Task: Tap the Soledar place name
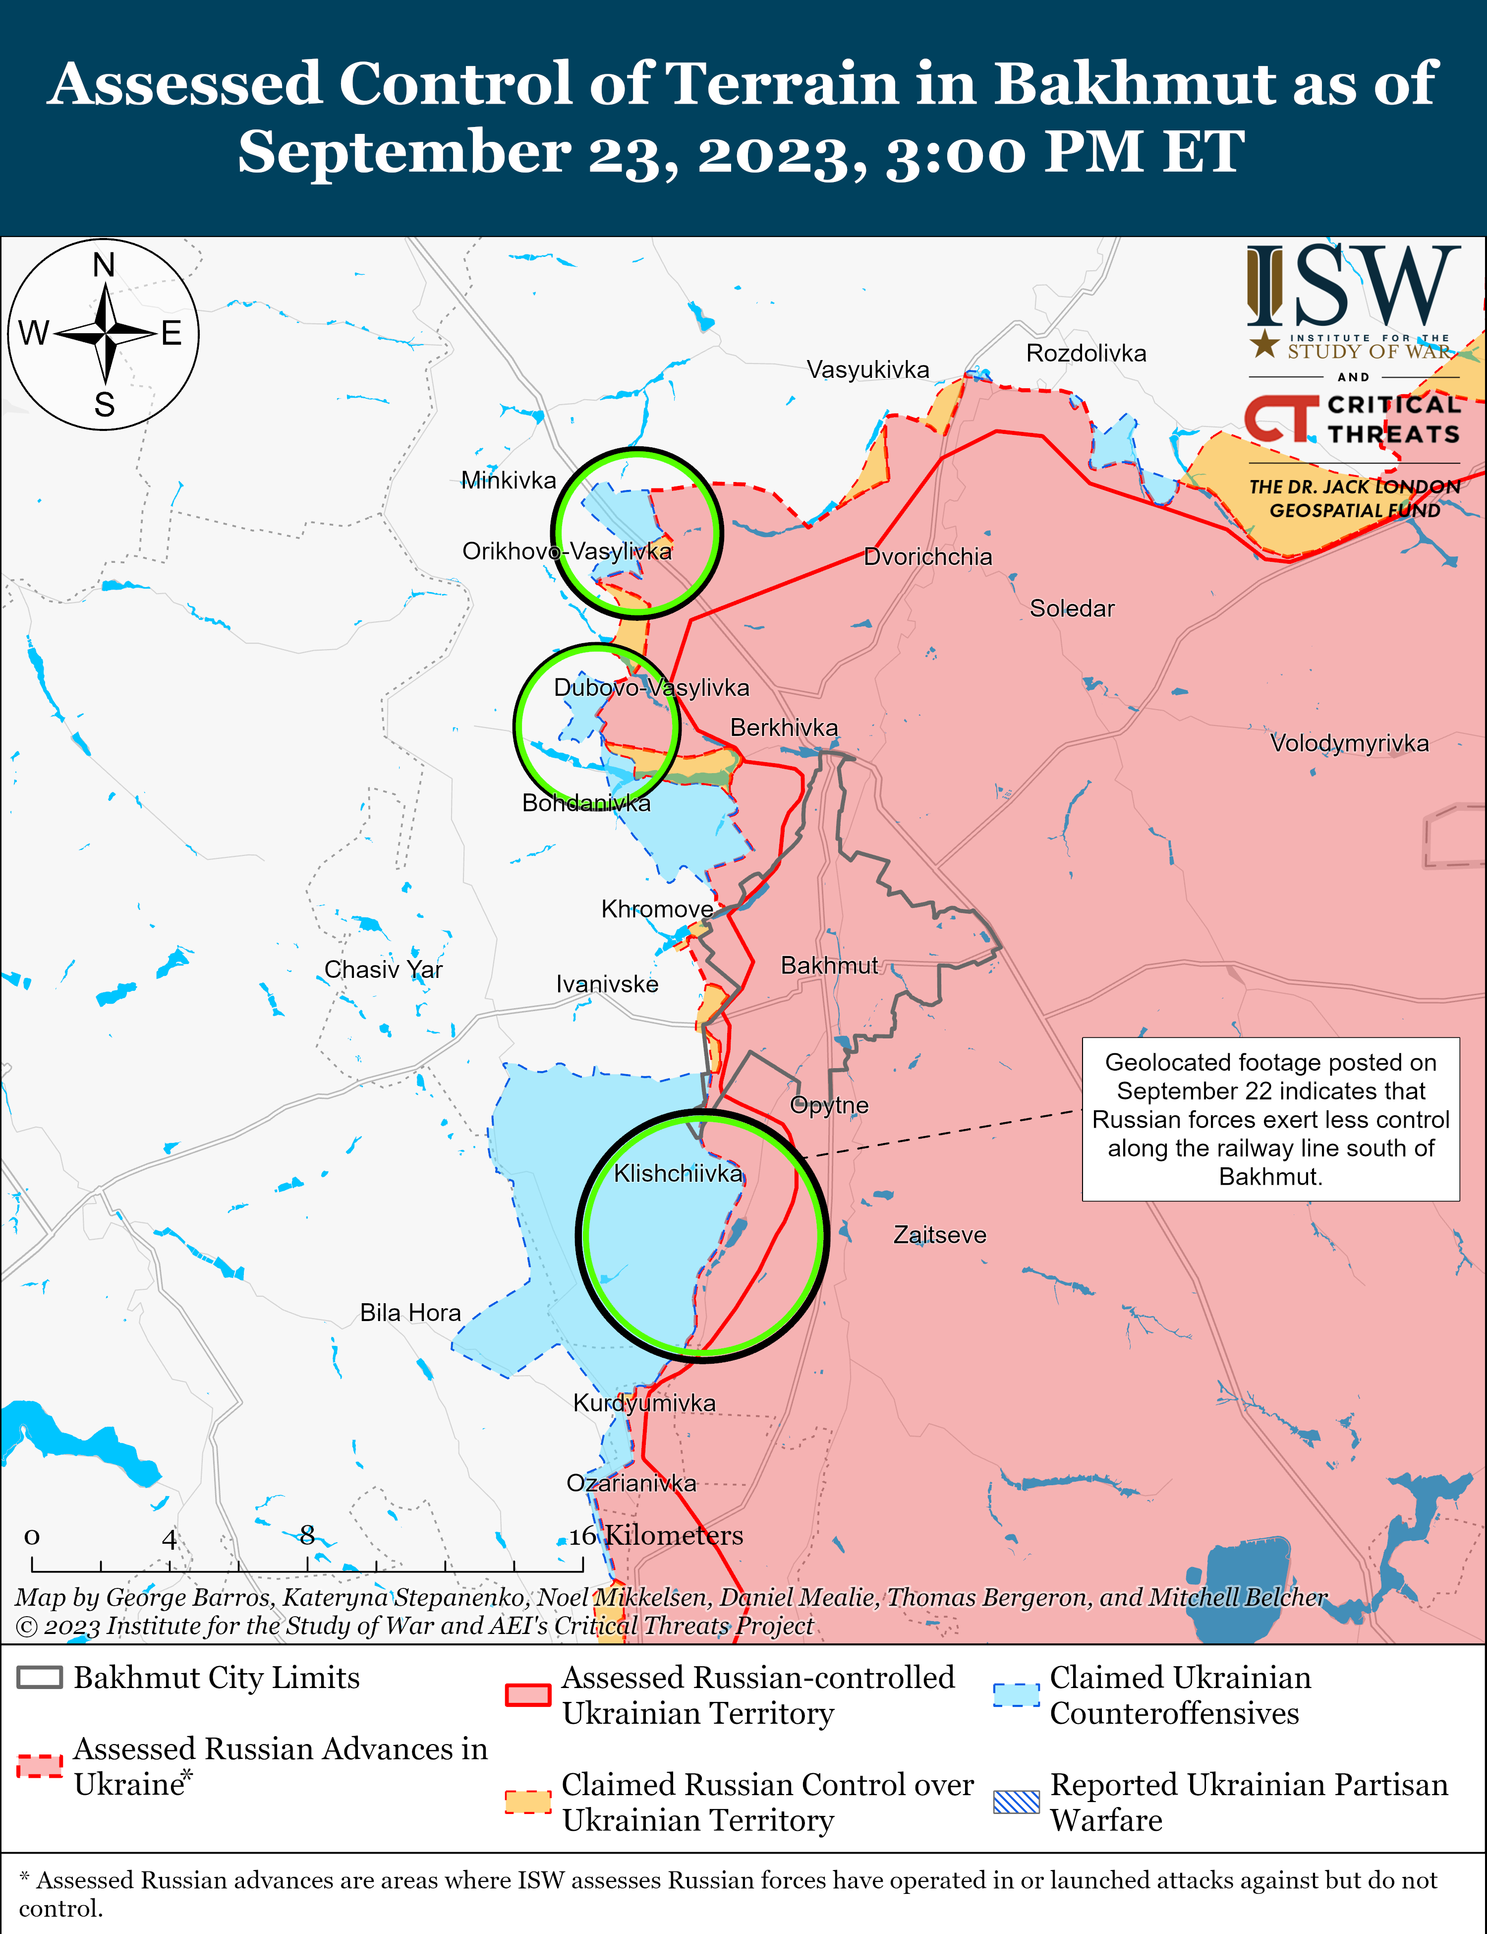[1072, 608]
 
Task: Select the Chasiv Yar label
[383, 969]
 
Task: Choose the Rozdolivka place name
[1086, 353]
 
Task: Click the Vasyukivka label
[867, 369]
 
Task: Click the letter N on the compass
[105, 265]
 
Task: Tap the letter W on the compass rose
[34, 334]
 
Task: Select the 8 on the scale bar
[307, 1535]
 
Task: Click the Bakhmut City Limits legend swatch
[40, 1677]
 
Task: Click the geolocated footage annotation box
[1270, 1119]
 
